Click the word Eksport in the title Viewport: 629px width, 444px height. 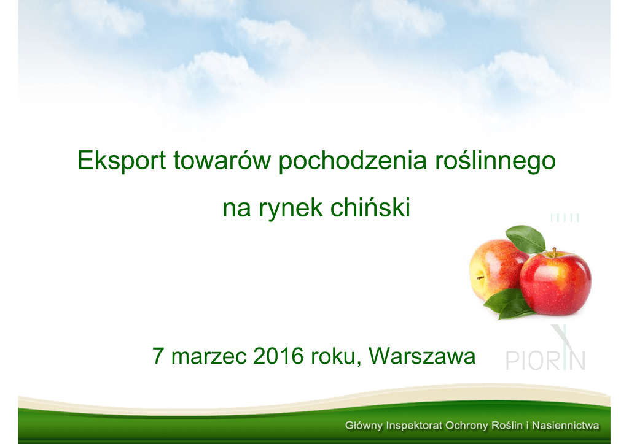[122, 161]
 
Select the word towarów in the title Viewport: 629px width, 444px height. [222, 160]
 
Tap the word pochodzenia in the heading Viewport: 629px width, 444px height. [352, 161]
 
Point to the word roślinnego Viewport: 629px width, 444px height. [495, 161]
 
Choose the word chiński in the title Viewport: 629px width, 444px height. [370, 207]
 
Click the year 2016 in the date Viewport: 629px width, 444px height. [278, 356]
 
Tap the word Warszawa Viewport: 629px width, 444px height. [422, 356]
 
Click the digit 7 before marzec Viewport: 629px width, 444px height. [158, 356]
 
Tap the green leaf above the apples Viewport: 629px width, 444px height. [526, 239]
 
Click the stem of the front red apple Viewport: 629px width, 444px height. [555, 252]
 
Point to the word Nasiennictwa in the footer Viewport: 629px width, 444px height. [566, 425]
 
